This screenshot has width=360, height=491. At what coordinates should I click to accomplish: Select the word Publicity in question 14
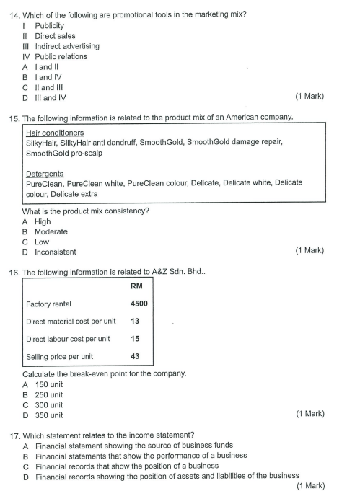(x=49, y=26)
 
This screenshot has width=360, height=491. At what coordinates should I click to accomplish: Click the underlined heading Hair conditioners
(x=54, y=133)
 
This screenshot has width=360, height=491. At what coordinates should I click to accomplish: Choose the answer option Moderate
(x=51, y=232)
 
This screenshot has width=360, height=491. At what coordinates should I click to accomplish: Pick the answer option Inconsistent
(x=56, y=252)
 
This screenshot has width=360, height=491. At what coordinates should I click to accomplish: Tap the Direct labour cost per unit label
(x=68, y=339)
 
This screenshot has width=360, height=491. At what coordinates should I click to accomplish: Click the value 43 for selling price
(x=135, y=356)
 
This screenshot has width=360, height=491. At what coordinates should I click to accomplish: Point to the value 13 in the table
(x=135, y=322)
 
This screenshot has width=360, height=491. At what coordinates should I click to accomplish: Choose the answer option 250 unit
(x=49, y=394)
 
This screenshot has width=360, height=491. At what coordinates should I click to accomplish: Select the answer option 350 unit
(x=49, y=415)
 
